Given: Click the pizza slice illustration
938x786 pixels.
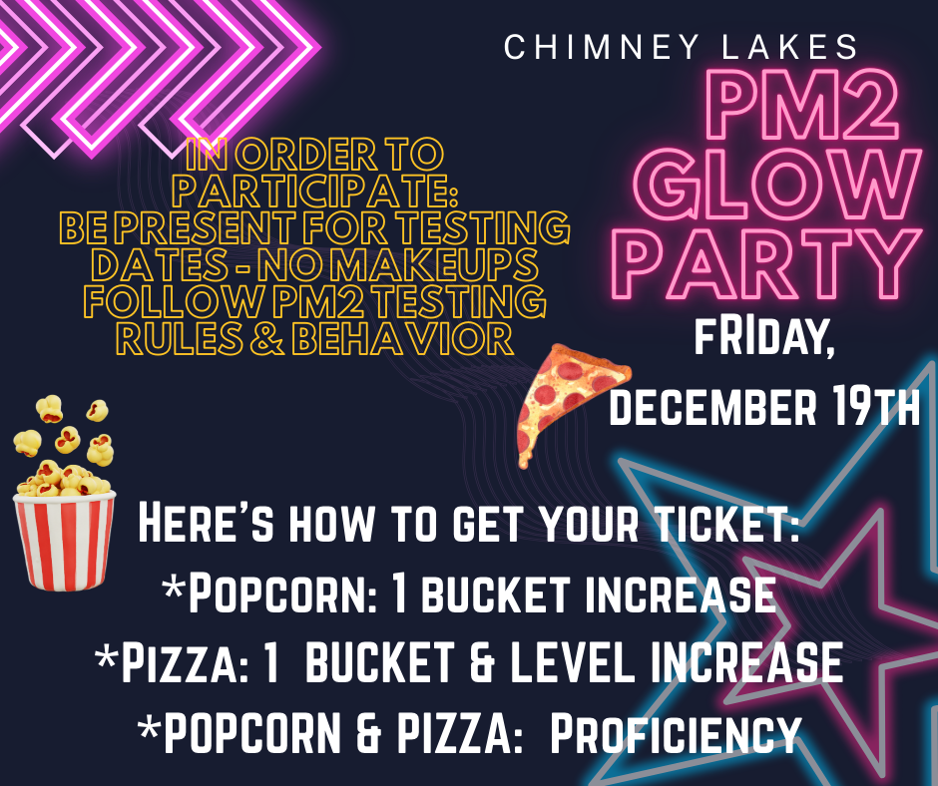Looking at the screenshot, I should click(570, 399).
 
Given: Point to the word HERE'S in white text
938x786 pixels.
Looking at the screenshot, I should click(199, 525).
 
